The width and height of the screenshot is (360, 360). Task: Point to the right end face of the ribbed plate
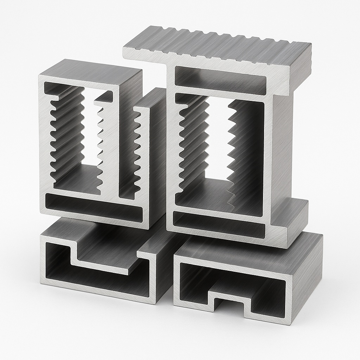pos(302,67)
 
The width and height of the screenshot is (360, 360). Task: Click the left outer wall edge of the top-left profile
pos(42,141)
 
